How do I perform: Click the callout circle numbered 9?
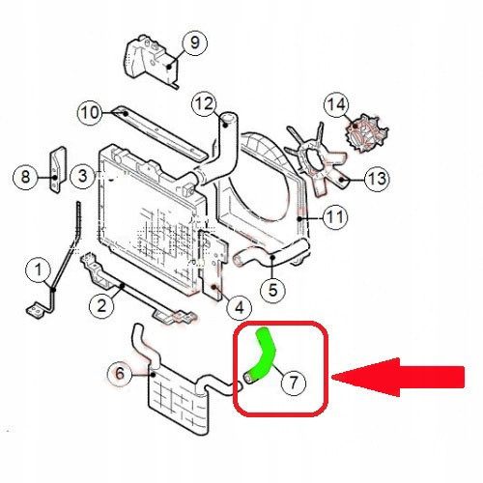(195, 43)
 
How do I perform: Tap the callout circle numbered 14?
(336, 104)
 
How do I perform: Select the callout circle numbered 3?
(83, 176)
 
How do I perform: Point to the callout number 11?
(335, 215)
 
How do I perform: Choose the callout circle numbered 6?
(120, 374)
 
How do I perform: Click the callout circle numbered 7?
(293, 384)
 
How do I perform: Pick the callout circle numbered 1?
(38, 270)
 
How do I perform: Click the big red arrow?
(398, 377)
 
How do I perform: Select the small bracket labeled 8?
(58, 170)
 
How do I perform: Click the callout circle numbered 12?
(205, 103)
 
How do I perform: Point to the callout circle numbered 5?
(272, 290)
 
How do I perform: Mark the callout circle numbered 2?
(101, 305)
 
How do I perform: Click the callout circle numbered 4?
(240, 307)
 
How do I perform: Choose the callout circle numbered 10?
(91, 113)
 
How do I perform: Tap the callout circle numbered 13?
(377, 178)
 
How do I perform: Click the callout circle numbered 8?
(25, 177)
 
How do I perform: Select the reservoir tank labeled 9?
(152, 61)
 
